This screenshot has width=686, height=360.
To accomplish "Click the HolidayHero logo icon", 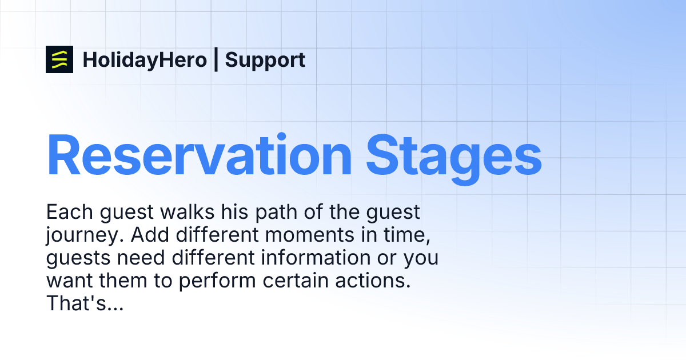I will click(x=59, y=59).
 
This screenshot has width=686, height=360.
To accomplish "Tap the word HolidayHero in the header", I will click(x=145, y=60).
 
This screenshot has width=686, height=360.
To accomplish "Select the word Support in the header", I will click(x=265, y=60).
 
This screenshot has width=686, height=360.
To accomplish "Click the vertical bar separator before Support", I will click(x=216, y=60).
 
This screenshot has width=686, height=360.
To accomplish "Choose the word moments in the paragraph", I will click(x=309, y=235).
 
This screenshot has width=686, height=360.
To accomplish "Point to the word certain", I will click(x=304, y=281).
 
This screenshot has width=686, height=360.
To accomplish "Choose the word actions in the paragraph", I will click(x=380, y=281).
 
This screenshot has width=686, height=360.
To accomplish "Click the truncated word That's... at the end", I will click(x=85, y=304).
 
